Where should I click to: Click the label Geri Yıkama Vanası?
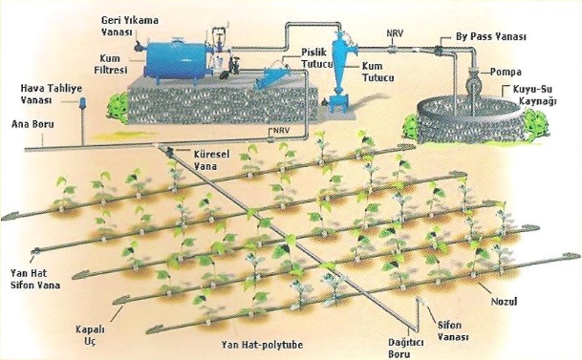pyautogui.click(x=130, y=26)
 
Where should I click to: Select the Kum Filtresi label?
pyautogui.click(x=110, y=64)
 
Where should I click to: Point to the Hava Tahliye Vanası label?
pyautogui.click(x=52, y=94)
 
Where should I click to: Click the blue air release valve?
pyautogui.click(x=82, y=102)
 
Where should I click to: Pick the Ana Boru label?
pyautogui.click(x=32, y=124)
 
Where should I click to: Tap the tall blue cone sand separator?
pyautogui.click(x=339, y=71)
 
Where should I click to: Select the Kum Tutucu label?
pyautogui.click(x=377, y=72)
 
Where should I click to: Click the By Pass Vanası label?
pyautogui.click(x=490, y=36)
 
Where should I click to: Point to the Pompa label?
pyautogui.click(x=506, y=72)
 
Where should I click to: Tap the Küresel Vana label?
pyautogui.click(x=211, y=159)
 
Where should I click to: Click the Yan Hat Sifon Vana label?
pyautogui.click(x=35, y=279)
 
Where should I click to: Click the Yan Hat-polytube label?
pyautogui.click(x=262, y=345)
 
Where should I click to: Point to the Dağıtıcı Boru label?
pyautogui.click(x=406, y=349)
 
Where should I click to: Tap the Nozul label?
pyautogui.click(x=504, y=302)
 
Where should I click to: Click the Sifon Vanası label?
pyautogui.click(x=453, y=330)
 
